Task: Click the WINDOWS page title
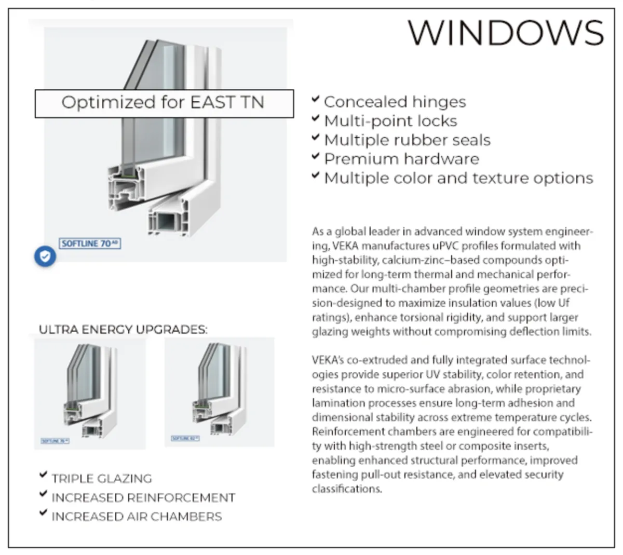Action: click(x=506, y=32)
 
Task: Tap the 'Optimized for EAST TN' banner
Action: click(x=164, y=103)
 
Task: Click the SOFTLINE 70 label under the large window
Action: click(x=90, y=243)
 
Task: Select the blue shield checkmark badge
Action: click(x=45, y=256)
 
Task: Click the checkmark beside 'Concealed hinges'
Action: click(x=315, y=99)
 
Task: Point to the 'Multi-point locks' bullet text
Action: click(x=390, y=121)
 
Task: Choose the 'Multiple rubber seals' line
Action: click(x=407, y=140)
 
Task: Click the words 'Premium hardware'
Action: click(x=401, y=159)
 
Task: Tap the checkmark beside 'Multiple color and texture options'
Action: click(x=315, y=175)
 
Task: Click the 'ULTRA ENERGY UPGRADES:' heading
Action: click(x=123, y=330)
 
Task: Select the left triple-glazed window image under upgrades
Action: click(x=90, y=393)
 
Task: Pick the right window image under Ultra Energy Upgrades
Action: click(x=220, y=392)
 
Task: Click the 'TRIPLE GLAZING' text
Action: click(x=102, y=479)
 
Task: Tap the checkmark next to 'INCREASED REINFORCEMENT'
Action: click(x=44, y=494)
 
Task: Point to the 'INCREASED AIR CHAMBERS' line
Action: click(x=137, y=517)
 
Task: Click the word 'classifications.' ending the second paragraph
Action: click(x=346, y=489)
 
